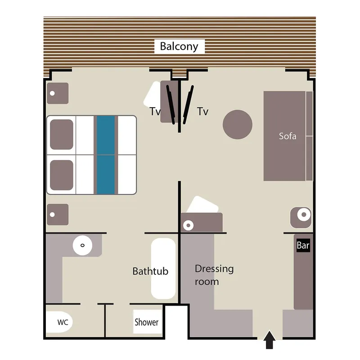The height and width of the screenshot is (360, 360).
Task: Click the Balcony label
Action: pyautogui.click(x=179, y=46)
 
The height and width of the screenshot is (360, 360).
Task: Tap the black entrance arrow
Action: pyautogui.click(x=269, y=340)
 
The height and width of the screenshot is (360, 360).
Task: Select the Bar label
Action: pyautogui.click(x=303, y=246)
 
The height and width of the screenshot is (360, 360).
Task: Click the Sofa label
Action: pyautogui.click(x=288, y=136)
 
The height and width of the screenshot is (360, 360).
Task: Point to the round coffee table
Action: pyautogui.click(x=238, y=124)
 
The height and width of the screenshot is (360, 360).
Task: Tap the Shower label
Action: pyautogui.click(x=147, y=322)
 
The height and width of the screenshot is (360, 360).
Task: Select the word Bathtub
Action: pyautogui.click(x=150, y=271)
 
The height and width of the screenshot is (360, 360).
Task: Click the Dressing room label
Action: pyautogui.click(x=214, y=275)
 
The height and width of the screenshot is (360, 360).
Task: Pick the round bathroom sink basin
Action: pyautogui.click(x=82, y=245)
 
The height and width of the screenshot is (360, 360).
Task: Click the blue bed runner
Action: pyautogui.click(x=106, y=155)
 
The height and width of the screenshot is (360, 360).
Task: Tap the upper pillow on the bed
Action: pyautogui.click(x=61, y=134)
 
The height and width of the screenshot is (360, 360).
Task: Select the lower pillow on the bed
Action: pyautogui.click(x=61, y=175)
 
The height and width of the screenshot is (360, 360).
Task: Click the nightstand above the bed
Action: pyautogui.click(x=58, y=93)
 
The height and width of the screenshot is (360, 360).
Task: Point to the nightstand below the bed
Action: pyautogui.click(x=58, y=215)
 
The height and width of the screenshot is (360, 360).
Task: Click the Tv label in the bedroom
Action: pyautogui.click(x=155, y=112)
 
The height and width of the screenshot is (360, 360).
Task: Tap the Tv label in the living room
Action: pyautogui.click(x=203, y=112)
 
